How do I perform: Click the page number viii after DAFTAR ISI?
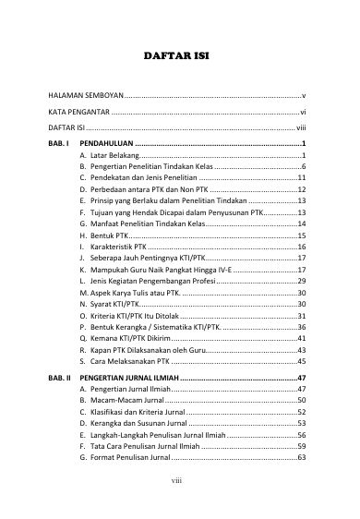point(300,127)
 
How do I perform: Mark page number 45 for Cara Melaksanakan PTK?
point(301,365)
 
